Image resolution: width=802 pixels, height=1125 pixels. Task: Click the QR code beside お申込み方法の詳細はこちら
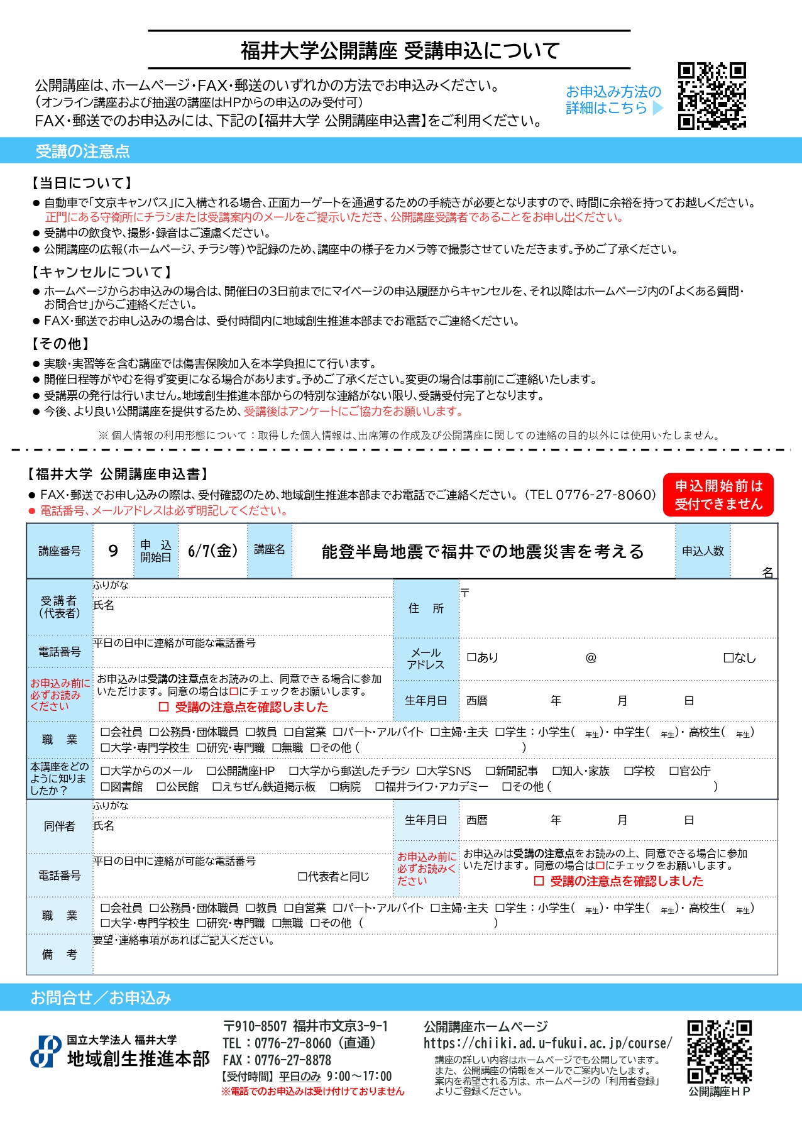(x=711, y=96)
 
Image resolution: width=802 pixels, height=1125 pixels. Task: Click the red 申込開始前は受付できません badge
(x=718, y=495)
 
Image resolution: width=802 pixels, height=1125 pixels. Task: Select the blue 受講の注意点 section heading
(x=82, y=151)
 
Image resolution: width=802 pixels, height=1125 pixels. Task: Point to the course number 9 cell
(x=113, y=551)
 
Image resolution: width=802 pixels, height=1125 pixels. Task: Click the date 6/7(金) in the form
(x=212, y=551)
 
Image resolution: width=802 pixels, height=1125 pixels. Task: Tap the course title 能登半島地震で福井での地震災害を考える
(x=483, y=552)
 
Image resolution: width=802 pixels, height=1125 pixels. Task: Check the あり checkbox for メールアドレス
(x=471, y=657)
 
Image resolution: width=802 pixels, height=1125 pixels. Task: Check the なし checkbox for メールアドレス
(x=728, y=657)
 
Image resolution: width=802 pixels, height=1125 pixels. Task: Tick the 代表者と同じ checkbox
(x=302, y=876)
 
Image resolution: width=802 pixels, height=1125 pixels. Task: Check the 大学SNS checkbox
(x=421, y=771)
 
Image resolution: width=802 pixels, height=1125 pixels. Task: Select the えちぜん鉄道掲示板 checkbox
(x=217, y=787)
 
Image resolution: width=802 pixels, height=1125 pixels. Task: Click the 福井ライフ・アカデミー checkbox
(x=380, y=787)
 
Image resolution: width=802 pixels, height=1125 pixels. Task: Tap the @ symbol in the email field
(x=591, y=657)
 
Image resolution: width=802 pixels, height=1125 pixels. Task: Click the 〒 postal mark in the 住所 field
(x=464, y=592)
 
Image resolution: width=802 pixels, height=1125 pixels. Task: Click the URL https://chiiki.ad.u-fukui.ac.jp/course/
(x=547, y=1043)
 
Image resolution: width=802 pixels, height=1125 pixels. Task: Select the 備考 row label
(x=60, y=955)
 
